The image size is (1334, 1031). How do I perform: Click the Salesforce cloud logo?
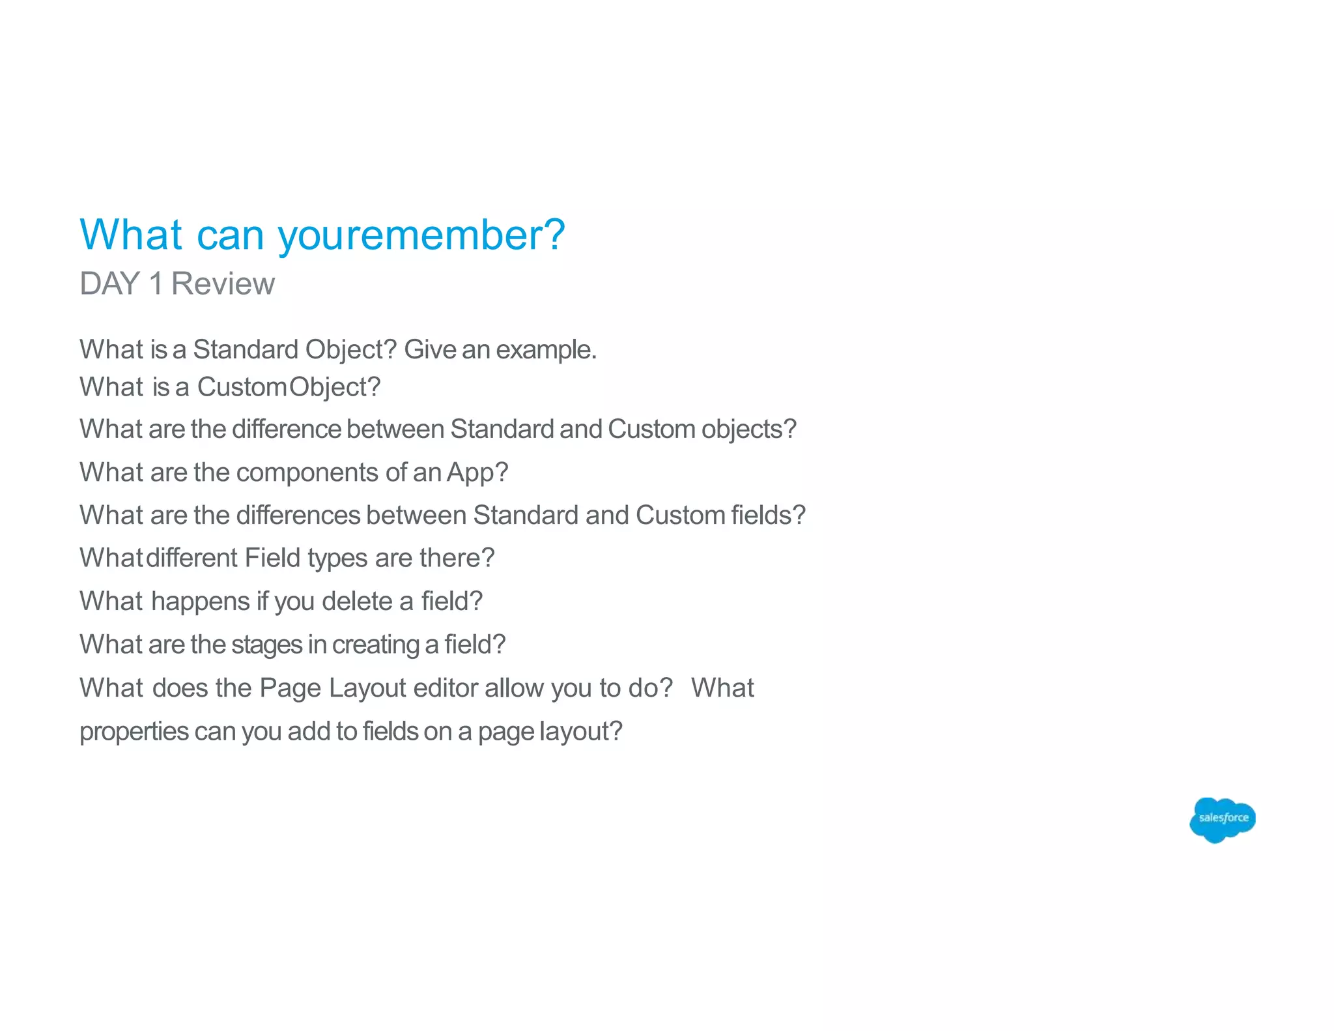tap(1222, 819)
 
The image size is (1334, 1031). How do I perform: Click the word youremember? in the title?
tap(421, 235)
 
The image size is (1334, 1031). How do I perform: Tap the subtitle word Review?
tap(223, 284)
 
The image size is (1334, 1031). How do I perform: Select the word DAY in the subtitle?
tap(109, 284)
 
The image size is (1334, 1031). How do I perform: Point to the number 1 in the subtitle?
tap(156, 284)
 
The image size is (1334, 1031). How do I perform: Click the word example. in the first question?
tap(546, 350)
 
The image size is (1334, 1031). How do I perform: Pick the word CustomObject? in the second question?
tap(289, 387)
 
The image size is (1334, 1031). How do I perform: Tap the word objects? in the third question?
tap(749, 429)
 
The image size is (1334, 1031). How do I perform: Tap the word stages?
tap(266, 645)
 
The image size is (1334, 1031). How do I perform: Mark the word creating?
tap(375, 645)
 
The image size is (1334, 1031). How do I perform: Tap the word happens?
tap(201, 602)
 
